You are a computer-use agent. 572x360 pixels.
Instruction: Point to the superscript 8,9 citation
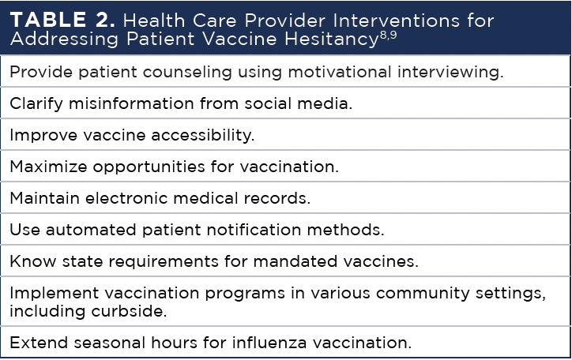coord(388,36)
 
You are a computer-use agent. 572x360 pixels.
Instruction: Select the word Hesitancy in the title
coord(332,39)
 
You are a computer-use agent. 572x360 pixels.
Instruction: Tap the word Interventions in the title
coord(397,21)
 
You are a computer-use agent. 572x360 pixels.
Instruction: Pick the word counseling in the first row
coord(187,73)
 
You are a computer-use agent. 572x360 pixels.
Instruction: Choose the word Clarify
coord(36,104)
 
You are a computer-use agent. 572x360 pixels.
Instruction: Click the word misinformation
coord(131,103)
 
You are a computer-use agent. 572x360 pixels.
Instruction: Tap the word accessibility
coord(203,136)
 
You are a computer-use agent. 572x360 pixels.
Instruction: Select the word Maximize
coord(48,167)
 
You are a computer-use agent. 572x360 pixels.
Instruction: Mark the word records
coord(277,198)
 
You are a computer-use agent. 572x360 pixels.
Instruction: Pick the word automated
coord(91,230)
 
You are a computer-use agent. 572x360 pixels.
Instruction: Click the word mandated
coord(295,261)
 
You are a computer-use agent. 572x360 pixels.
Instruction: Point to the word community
coord(423,294)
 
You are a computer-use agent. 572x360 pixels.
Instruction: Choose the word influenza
coord(269,343)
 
